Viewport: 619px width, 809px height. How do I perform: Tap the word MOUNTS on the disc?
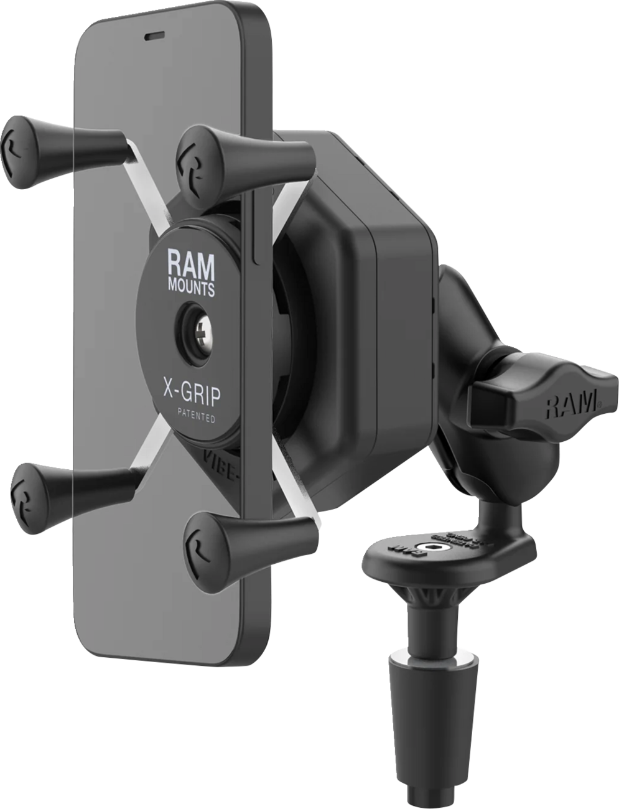tap(191, 288)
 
